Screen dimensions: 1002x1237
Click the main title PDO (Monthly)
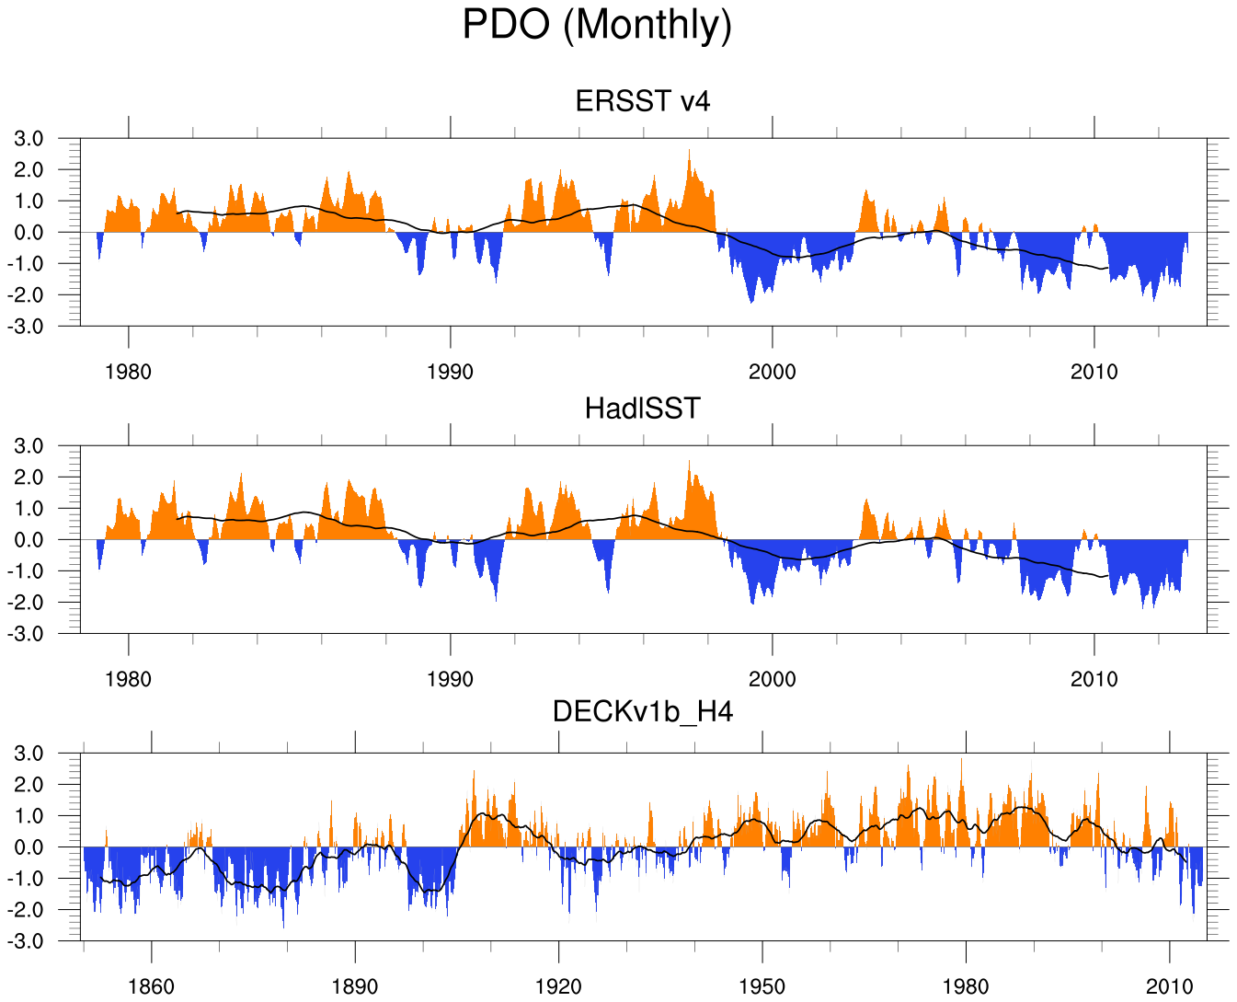point(597,25)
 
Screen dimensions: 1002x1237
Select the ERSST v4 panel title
point(643,101)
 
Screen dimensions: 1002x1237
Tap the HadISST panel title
point(643,409)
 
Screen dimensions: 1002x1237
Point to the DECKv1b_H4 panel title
point(643,712)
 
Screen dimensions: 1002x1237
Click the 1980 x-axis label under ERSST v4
point(129,373)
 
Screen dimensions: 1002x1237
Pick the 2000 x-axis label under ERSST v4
point(773,373)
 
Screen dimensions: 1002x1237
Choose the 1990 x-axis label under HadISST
point(451,680)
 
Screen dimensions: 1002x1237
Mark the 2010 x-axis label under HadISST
point(1094,680)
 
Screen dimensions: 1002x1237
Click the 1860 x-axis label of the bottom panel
point(151,987)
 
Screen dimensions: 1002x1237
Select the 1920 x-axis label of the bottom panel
point(558,987)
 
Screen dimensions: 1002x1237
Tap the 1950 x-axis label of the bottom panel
point(762,987)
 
